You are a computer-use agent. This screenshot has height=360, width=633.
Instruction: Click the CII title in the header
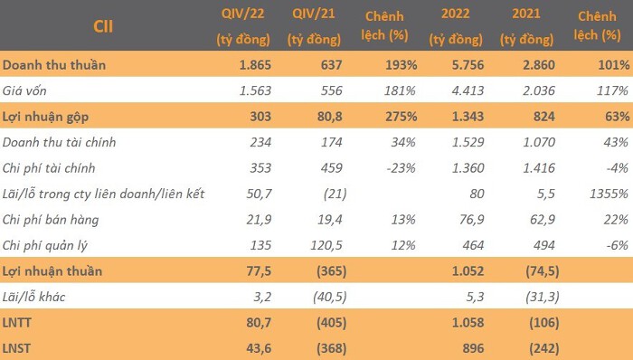click(103, 26)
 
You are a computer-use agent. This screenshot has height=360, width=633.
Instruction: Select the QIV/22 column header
click(243, 26)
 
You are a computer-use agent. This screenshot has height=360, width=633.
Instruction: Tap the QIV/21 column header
click(314, 26)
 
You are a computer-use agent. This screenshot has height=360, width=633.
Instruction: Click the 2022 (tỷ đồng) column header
click(456, 26)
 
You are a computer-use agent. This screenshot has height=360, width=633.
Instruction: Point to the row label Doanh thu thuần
click(54, 64)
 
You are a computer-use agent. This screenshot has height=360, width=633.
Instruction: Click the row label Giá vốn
click(24, 90)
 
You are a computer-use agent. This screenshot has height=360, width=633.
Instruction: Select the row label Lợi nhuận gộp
click(45, 117)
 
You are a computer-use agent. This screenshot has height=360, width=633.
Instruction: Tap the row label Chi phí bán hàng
click(51, 220)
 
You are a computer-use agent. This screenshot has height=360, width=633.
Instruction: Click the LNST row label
click(16, 348)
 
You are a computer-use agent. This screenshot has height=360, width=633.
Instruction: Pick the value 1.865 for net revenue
click(255, 64)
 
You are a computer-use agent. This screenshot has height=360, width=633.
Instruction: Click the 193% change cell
click(401, 64)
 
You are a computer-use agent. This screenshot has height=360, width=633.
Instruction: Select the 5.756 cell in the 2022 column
click(468, 64)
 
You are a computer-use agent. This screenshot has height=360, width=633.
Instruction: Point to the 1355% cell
click(609, 194)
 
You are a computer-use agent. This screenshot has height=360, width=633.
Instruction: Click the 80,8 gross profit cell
click(329, 117)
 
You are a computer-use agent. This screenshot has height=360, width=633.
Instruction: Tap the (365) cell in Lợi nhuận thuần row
click(331, 270)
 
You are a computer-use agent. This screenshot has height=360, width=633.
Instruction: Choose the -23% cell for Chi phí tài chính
click(401, 168)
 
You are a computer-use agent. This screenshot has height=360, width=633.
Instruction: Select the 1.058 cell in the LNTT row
click(468, 323)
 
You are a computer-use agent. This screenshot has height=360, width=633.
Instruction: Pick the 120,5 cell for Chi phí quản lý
click(326, 245)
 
